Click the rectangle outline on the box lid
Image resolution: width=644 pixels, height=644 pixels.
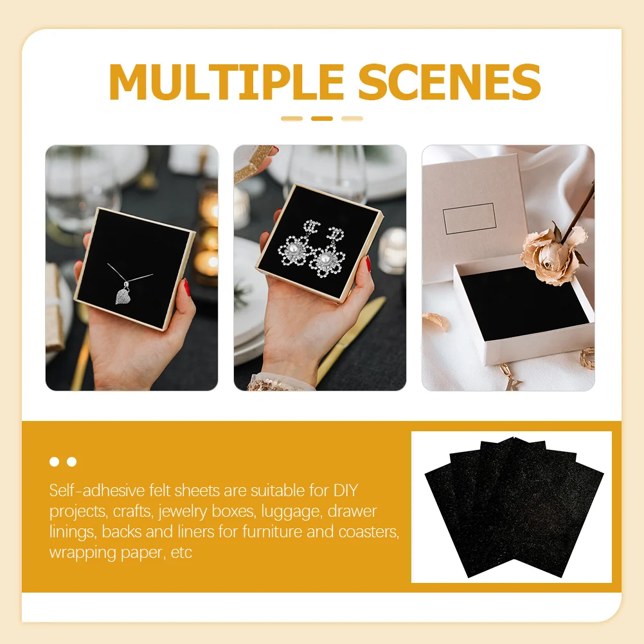click(469, 219)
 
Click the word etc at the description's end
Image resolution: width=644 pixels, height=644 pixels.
click(181, 552)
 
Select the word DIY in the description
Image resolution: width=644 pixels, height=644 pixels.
click(345, 491)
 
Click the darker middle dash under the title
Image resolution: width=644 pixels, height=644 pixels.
click(322, 118)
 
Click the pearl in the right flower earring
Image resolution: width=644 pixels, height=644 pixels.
click(325, 259)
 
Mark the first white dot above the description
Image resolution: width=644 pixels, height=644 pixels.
click(55, 461)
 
